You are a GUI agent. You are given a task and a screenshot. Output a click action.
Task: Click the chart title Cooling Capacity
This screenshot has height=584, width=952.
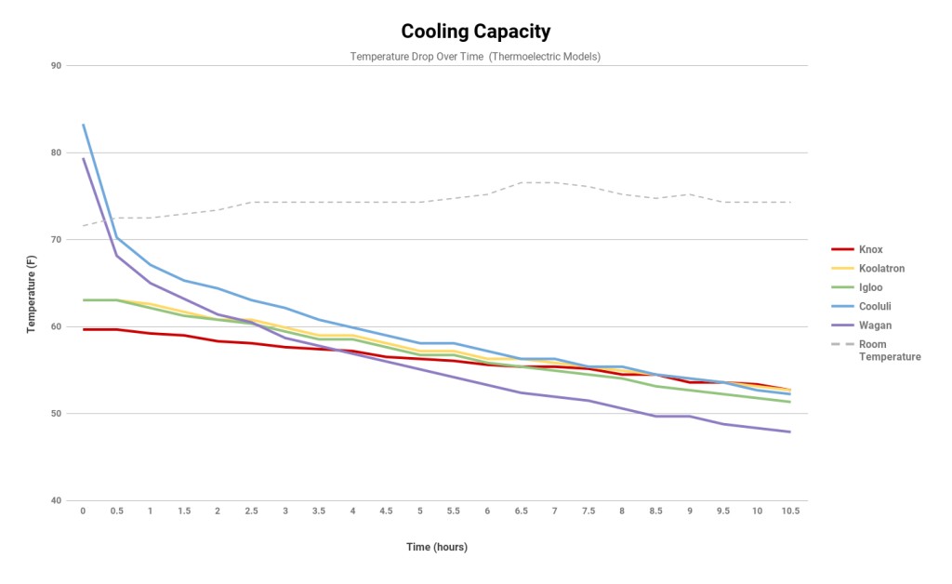click(475, 31)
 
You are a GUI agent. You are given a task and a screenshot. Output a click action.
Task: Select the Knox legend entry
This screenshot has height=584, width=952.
click(871, 249)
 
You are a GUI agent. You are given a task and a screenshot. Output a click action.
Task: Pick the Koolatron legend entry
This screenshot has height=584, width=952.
click(881, 269)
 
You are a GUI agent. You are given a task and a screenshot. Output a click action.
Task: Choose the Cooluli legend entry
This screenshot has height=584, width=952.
click(875, 307)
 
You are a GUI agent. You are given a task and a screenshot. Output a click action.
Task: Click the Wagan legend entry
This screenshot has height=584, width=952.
click(875, 325)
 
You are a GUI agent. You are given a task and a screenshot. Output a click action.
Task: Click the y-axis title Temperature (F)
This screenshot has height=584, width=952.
click(32, 283)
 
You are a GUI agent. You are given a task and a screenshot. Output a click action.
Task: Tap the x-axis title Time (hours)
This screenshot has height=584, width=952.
click(437, 547)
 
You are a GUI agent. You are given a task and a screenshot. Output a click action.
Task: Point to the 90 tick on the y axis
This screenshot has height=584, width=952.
click(56, 66)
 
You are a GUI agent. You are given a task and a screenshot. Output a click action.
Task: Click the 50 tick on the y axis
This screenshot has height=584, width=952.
click(56, 414)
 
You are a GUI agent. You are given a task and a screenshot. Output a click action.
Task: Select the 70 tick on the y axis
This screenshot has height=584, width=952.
click(56, 240)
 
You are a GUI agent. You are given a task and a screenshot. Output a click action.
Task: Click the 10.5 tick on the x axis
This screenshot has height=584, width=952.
click(790, 511)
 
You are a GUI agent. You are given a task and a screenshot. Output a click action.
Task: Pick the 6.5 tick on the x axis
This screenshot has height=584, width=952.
click(521, 511)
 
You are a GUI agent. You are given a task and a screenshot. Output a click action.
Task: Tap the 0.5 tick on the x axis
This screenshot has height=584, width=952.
click(116, 511)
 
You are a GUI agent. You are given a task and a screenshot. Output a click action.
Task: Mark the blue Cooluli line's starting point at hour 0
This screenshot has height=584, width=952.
click(83, 125)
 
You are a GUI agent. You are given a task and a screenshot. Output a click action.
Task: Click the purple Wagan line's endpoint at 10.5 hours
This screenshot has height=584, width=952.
click(790, 431)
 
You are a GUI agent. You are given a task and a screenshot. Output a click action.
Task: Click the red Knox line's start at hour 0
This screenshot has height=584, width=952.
click(83, 329)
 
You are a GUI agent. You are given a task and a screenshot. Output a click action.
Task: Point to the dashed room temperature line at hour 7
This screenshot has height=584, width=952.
click(555, 182)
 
